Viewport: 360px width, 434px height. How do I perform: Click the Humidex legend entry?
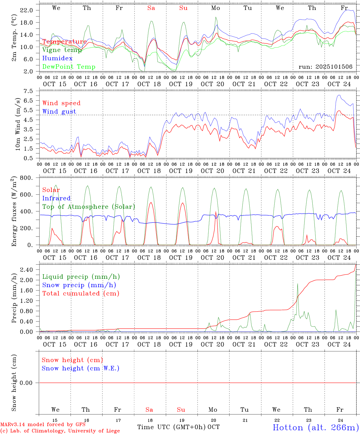[x=57, y=58]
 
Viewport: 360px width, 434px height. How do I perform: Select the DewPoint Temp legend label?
[x=69, y=67]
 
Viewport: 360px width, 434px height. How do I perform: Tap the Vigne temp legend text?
[x=62, y=50]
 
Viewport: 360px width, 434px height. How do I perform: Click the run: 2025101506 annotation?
[x=325, y=67]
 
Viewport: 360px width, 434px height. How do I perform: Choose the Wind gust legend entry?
[x=59, y=112]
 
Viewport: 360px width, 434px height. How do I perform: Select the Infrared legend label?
[x=56, y=198]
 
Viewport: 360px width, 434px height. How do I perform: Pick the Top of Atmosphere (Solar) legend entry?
[x=89, y=207]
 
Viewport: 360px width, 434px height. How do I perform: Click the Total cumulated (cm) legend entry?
[x=81, y=294]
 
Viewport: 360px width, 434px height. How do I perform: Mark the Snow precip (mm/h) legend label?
[x=79, y=285]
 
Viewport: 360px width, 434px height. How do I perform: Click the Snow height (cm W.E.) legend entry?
[x=81, y=368]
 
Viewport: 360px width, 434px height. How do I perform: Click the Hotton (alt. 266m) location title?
[x=315, y=427]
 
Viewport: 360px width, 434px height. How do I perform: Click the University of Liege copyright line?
[x=60, y=431]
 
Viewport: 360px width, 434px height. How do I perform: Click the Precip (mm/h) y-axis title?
[x=14, y=298]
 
